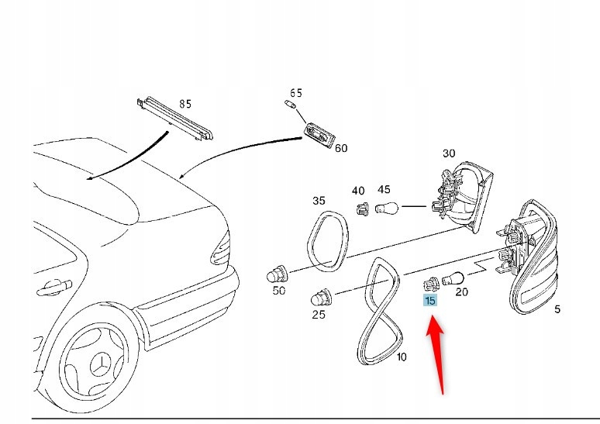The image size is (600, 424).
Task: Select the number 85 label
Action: (x=184, y=104)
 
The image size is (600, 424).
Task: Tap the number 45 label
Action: (x=384, y=190)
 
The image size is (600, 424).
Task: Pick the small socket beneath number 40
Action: (x=360, y=207)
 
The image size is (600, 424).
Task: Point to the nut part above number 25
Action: (x=321, y=296)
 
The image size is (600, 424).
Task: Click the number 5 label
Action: (x=557, y=309)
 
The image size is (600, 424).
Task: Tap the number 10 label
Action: (x=401, y=357)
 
